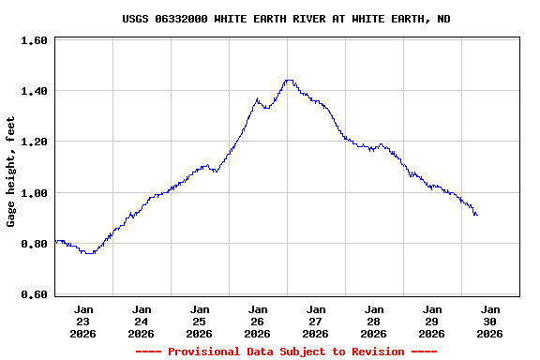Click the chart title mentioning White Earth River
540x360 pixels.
click(286, 19)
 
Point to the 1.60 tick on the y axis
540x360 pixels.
click(34, 41)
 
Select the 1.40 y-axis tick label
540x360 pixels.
click(34, 92)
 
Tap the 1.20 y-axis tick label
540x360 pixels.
click(34, 142)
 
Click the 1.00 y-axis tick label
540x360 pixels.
click(34, 193)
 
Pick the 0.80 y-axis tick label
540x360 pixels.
click(34, 244)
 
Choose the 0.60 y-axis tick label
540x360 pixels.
click(34, 294)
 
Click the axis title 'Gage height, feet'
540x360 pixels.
click(11, 172)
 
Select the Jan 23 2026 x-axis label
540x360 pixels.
click(83, 321)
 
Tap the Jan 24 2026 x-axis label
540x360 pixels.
click(142, 321)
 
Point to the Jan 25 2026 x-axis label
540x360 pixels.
click(200, 321)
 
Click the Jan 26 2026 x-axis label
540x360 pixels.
click(258, 321)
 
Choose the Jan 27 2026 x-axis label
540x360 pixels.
click(316, 321)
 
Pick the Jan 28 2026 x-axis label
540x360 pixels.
click(374, 321)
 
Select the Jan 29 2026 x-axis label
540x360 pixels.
click(432, 321)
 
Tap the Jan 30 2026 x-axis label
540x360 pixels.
click(490, 321)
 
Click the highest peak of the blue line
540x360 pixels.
click(289, 81)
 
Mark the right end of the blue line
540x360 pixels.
click(477, 215)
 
